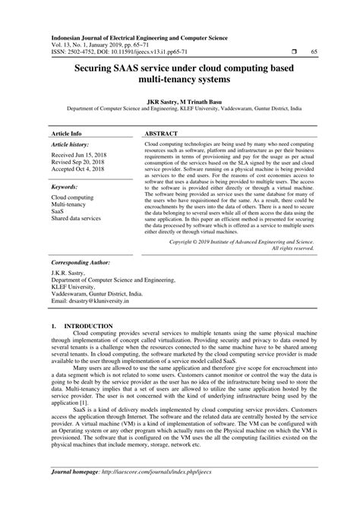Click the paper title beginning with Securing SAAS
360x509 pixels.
pos(179,74)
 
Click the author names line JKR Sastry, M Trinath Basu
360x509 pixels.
pos(179,99)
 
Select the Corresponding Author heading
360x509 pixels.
pos(83,258)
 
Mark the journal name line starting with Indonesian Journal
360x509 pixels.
pos(139,36)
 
